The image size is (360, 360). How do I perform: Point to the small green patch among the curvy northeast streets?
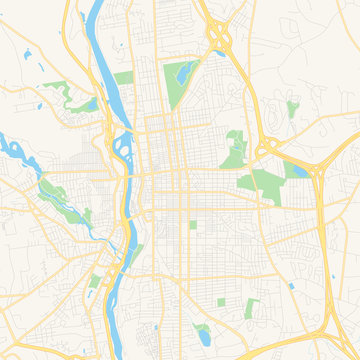(x=292, y=108)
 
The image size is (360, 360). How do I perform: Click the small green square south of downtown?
(x=193, y=225)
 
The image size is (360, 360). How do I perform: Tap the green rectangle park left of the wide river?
(x=122, y=78)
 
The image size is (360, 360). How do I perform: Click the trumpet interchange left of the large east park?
(x=266, y=150)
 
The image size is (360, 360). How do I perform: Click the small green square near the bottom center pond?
(x=221, y=301)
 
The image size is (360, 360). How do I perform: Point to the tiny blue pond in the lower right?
(x=290, y=285)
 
